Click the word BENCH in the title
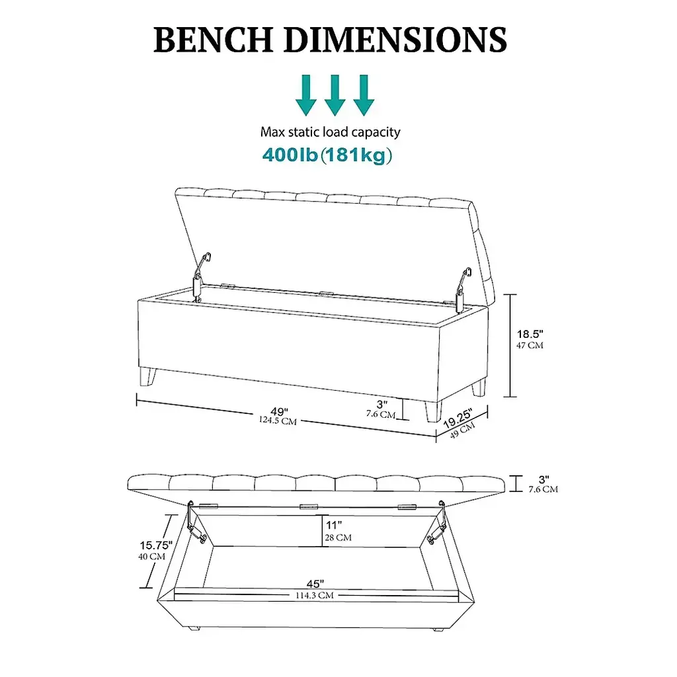[214, 40]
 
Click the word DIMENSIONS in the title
[395, 40]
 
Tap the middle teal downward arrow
[335, 95]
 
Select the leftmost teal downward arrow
[306, 95]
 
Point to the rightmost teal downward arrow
[364, 95]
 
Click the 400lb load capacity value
[290, 155]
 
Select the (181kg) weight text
[356, 155]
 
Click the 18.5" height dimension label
[530, 334]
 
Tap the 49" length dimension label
[280, 411]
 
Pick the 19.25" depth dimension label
[459, 418]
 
